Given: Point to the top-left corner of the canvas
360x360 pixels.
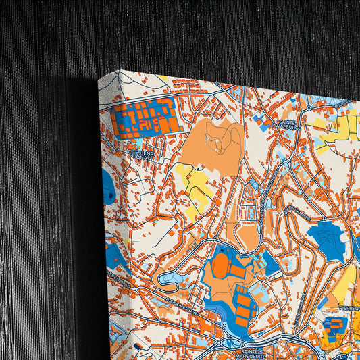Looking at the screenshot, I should [x=100, y=80].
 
